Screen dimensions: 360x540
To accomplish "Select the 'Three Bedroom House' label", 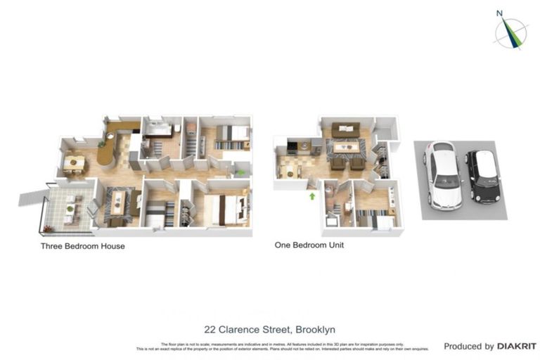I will (84, 247).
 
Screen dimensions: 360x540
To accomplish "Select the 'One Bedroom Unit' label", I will (309, 246).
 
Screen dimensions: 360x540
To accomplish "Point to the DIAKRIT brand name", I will (517, 347).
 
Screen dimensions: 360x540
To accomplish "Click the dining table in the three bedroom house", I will (74, 163).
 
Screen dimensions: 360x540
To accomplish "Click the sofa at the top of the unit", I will (345, 129).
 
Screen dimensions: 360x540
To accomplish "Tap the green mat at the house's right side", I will (241, 172).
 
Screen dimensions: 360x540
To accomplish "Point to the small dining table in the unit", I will (288, 168).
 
